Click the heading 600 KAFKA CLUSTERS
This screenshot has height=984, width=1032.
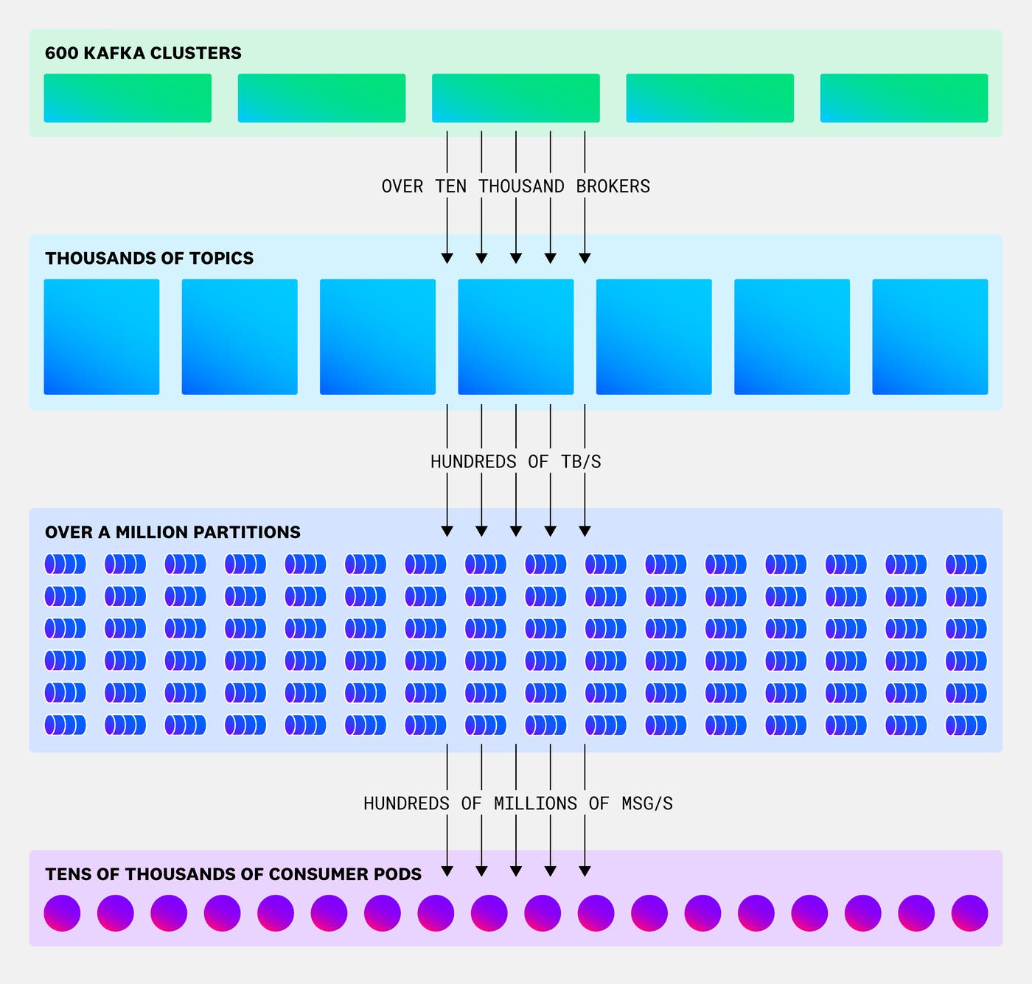point(143,53)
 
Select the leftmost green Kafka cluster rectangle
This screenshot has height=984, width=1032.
point(128,98)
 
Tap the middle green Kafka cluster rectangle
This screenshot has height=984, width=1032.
point(515,98)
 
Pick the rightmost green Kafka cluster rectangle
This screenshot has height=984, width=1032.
point(904,98)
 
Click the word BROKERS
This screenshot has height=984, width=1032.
point(613,186)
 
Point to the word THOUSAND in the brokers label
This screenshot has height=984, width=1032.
point(521,186)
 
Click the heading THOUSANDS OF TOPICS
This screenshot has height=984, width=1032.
point(149,258)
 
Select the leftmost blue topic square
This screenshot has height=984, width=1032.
point(102,337)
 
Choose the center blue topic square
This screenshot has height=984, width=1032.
point(515,337)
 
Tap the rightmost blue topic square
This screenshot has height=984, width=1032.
point(930,337)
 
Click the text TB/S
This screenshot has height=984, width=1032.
point(581,462)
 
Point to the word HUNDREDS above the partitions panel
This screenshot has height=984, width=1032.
point(473,462)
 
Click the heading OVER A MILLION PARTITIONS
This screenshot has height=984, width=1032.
point(172,532)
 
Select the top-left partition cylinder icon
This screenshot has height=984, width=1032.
point(65,565)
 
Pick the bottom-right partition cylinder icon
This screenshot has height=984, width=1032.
point(966,725)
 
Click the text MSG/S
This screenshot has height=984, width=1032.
point(646,803)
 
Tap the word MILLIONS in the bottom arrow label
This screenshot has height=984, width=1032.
point(535,803)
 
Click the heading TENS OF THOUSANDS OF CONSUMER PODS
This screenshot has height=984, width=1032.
point(233,874)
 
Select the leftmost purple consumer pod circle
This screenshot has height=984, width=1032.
point(62,913)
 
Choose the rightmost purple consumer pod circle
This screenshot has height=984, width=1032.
point(969,913)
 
